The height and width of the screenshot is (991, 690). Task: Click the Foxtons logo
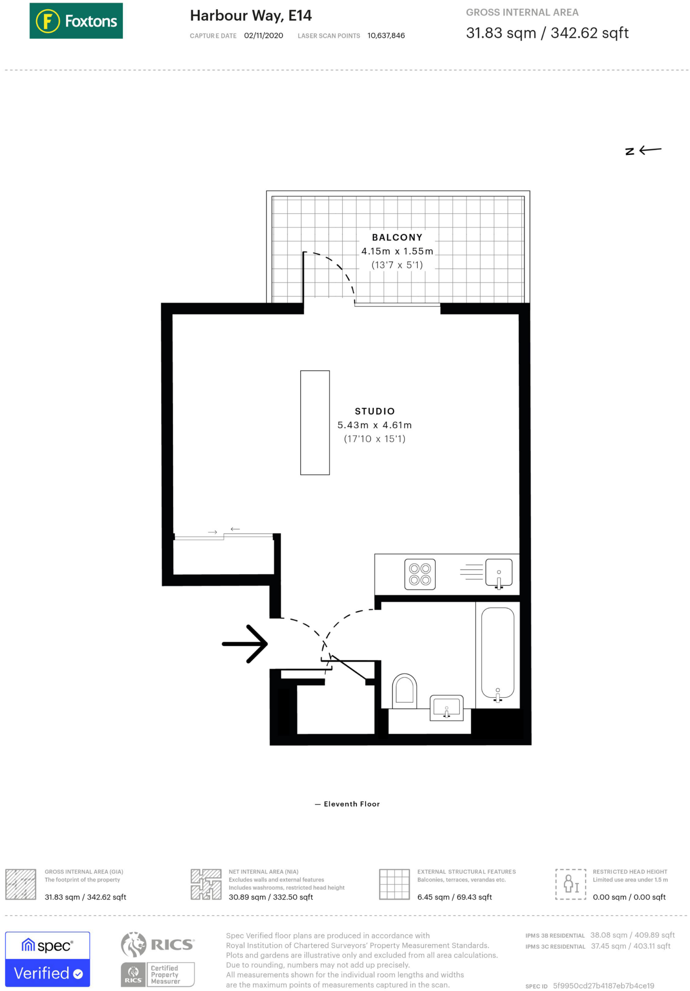76,21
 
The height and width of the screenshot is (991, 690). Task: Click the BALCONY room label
397,238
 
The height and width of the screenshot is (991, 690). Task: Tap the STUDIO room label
375,411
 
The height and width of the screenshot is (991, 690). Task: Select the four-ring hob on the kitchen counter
420,574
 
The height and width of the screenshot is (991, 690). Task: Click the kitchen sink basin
499,573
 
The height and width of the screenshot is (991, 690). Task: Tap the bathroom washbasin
446,707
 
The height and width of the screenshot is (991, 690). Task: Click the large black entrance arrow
245,644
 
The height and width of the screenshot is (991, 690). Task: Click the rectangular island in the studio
315,422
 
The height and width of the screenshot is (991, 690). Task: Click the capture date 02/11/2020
264,36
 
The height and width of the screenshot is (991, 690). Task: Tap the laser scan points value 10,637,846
386,36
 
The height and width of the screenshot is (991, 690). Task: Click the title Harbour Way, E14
250,16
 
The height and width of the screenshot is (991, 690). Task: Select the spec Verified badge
47,959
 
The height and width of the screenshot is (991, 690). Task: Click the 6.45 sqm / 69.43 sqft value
454,897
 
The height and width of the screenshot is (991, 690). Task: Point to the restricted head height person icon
571,884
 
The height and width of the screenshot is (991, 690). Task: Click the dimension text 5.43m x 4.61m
374,425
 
